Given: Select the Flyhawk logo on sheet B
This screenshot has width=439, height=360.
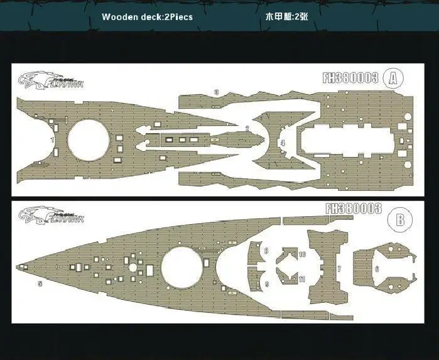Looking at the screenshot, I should (x=51, y=215).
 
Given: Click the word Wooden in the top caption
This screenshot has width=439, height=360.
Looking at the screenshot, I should (x=119, y=17).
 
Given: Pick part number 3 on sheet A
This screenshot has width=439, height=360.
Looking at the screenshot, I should (x=216, y=92).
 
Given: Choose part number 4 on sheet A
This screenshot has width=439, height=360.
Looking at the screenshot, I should (x=283, y=143).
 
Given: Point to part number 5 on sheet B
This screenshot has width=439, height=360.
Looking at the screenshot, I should (x=40, y=283).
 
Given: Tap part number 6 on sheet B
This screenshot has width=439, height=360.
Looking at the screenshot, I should (x=377, y=269).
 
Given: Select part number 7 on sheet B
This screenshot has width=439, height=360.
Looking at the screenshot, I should (x=339, y=269).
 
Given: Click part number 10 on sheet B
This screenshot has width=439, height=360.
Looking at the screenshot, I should (x=302, y=254).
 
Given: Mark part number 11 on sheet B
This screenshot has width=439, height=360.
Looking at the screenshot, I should (x=302, y=279).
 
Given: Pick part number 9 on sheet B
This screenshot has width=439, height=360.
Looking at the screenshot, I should (x=267, y=284).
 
